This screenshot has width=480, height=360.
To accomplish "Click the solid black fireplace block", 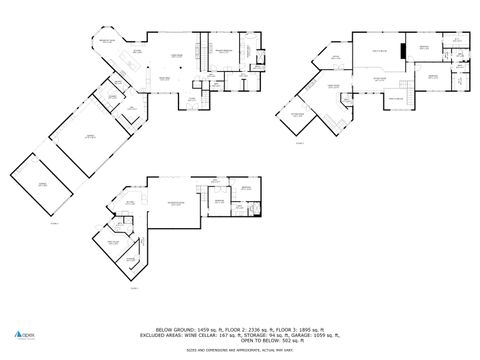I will click(x=404, y=51).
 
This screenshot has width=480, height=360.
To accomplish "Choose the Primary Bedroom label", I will click(x=222, y=49).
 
